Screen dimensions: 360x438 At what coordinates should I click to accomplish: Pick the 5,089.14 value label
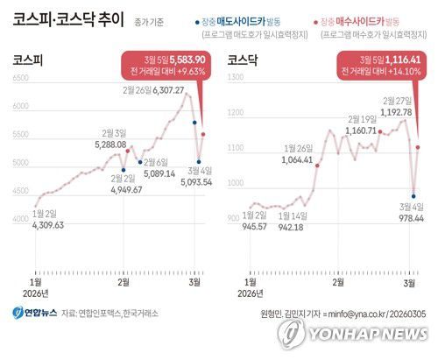tap(160, 173)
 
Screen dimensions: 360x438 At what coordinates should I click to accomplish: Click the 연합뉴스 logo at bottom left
tap(33, 313)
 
